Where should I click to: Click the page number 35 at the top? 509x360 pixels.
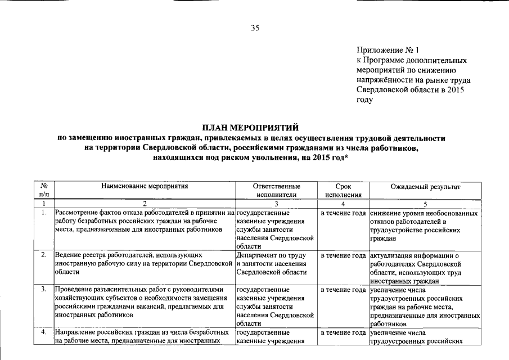coord(254,28)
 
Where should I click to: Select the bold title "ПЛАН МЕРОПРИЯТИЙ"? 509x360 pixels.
coord(254,128)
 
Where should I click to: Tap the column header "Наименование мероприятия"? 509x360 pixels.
coord(144,185)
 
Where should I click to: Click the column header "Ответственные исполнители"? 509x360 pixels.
coord(276,190)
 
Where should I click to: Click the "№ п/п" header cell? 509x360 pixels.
coord(43,190)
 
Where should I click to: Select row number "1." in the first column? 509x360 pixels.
coord(43,214)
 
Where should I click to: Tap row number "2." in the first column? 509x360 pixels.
coord(43,256)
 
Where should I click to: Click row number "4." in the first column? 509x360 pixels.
coord(43,332)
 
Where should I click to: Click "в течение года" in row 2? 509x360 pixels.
coord(344,256)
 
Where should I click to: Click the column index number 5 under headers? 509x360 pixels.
coord(425,204)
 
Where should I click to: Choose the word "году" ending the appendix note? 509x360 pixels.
coord(365,100)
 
